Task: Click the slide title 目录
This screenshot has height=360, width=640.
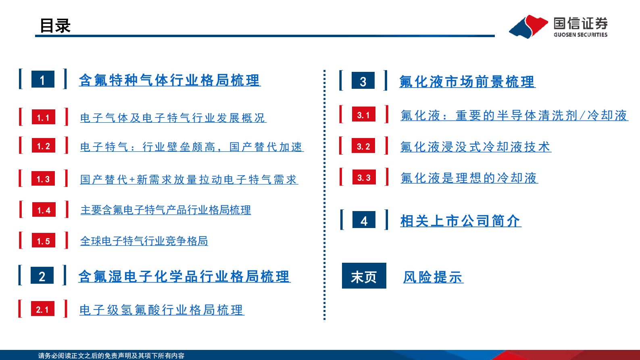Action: pos(55,26)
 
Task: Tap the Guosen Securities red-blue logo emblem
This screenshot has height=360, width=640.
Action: pos(528,27)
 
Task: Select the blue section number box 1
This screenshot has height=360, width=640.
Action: pos(43,80)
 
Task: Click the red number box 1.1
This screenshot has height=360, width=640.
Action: pos(43,117)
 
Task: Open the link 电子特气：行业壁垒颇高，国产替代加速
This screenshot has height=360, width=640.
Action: pos(192,147)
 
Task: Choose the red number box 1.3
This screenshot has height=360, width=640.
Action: pos(43,179)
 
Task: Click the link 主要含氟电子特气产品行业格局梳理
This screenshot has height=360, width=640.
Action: pos(165,210)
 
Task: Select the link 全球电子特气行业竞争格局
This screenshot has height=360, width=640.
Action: pos(144,241)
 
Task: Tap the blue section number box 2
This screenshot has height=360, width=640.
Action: pos(42,276)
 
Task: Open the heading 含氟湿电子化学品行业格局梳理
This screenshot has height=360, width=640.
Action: pos(184,276)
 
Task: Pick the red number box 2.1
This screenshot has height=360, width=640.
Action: pos(42,309)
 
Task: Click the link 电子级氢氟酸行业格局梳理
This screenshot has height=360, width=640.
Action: pos(161,310)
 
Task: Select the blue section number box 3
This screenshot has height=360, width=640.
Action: pos(363,81)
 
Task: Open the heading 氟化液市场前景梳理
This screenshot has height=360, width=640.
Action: pos(467,82)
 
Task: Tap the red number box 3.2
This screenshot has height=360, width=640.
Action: pos(363,146)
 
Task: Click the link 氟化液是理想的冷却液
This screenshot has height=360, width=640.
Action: pos(469,178)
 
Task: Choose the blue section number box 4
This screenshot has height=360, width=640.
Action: pos(364,220)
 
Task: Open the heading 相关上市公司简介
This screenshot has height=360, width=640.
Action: pos(460,221)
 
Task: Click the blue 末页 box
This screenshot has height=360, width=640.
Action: pos(364,276)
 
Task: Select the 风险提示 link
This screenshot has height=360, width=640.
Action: pos(433,277)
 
